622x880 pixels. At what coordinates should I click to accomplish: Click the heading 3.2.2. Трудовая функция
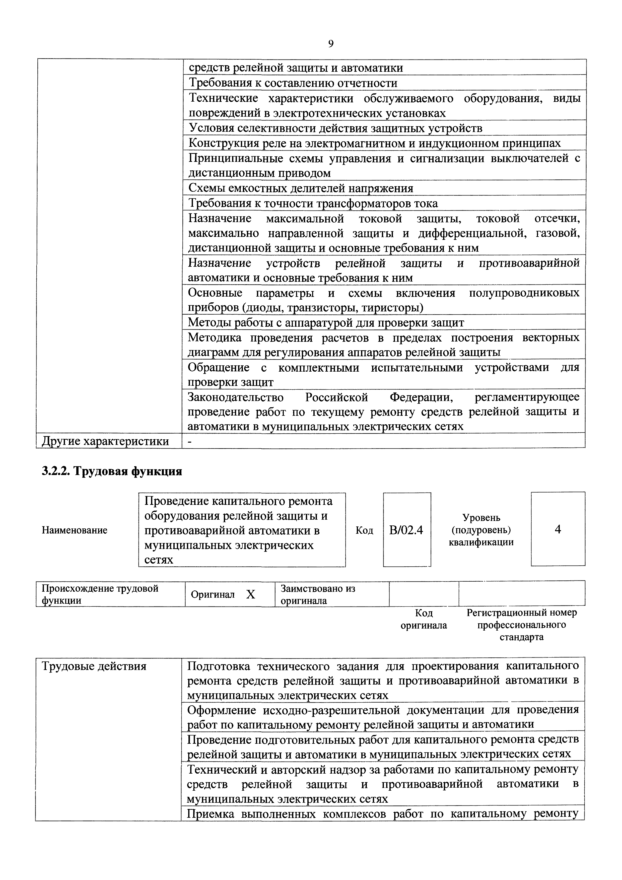coord(111,471)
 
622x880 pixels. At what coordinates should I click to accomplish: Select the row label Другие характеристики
coord(105,441)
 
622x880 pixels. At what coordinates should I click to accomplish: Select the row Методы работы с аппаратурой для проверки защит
coord(326,323)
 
